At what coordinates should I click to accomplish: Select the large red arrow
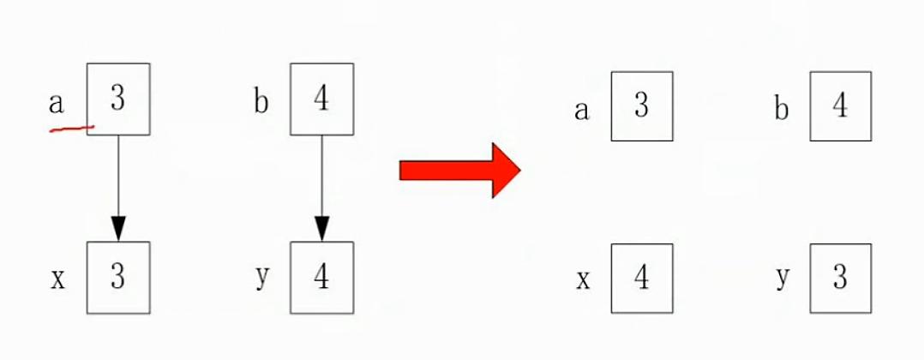[460, 171]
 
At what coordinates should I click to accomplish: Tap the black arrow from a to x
[118, 184]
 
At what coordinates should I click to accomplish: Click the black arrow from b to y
[321, 184]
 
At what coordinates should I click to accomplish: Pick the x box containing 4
[642, 279]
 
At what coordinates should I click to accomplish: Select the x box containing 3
[118, 277]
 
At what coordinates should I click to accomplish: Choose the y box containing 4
[321, 277]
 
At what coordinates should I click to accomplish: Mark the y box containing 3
[840, 279]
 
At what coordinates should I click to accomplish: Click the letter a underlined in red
[57, 104]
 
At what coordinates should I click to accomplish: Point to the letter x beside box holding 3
[57, 279]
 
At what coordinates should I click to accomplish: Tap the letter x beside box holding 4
[583, 280]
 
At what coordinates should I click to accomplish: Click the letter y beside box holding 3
[782, 280]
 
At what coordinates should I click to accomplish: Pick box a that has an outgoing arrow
[118, 99]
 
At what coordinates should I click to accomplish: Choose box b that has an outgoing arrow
[321, 99]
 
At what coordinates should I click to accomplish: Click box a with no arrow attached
[642, 106]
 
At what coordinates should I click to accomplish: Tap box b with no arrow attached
[840, 106]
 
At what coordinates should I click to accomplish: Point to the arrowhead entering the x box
[118, 229]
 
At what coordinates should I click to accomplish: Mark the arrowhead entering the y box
[321, 229]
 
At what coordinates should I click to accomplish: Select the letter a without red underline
[582, 111]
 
